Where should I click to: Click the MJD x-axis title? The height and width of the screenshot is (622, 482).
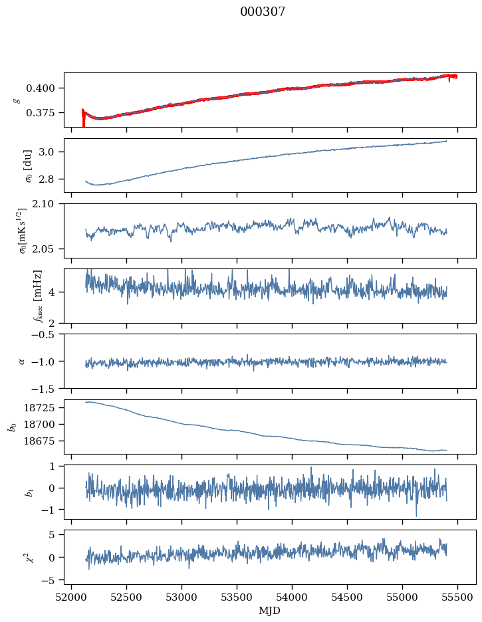tap(269, 611)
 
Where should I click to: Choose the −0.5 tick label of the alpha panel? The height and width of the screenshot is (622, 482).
tap(47, 334)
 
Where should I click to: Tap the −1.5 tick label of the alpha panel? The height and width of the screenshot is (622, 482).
tap(47, 388)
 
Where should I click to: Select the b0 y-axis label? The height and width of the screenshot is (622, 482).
tap(11, 426)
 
